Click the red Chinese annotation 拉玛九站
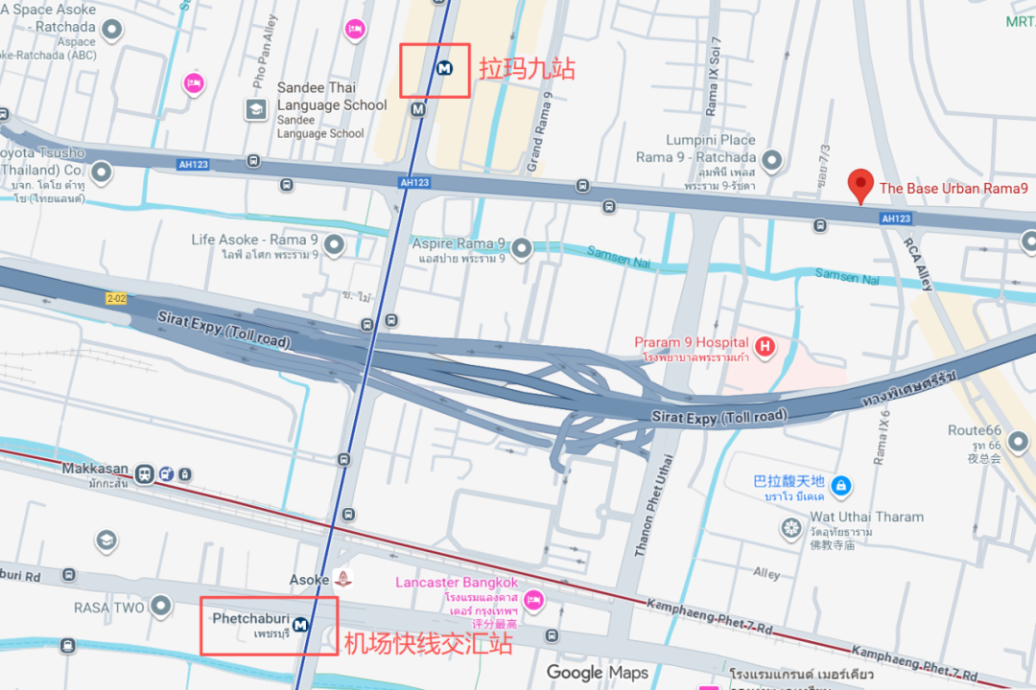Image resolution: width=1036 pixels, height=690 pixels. [527, 69]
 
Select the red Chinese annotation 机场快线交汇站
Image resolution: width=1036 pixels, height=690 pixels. [428, 643]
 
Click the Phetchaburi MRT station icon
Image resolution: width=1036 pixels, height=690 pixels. [301, 625]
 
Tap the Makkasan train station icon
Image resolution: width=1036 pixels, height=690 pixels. [145, 473]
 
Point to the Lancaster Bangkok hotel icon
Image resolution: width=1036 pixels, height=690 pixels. [534, 600]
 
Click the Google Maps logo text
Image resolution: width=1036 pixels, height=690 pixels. [597, 673]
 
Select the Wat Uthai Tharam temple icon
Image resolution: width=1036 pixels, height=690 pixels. [791, 528]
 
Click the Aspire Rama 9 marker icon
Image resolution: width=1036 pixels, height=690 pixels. [521, 249]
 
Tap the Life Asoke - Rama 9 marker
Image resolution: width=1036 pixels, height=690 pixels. [334, 246]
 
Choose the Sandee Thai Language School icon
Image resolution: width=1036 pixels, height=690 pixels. [256, 109]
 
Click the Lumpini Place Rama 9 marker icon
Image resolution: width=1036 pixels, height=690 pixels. [772, 160]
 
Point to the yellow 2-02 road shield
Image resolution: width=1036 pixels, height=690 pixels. [117, 298]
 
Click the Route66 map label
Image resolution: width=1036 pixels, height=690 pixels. [974, 430]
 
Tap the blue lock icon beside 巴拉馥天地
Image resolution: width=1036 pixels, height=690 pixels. [841, 486]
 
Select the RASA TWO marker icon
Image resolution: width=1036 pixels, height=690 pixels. [160, 606]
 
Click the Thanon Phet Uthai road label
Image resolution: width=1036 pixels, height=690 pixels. [656, 504]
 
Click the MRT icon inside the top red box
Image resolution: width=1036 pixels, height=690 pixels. [444, 68]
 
